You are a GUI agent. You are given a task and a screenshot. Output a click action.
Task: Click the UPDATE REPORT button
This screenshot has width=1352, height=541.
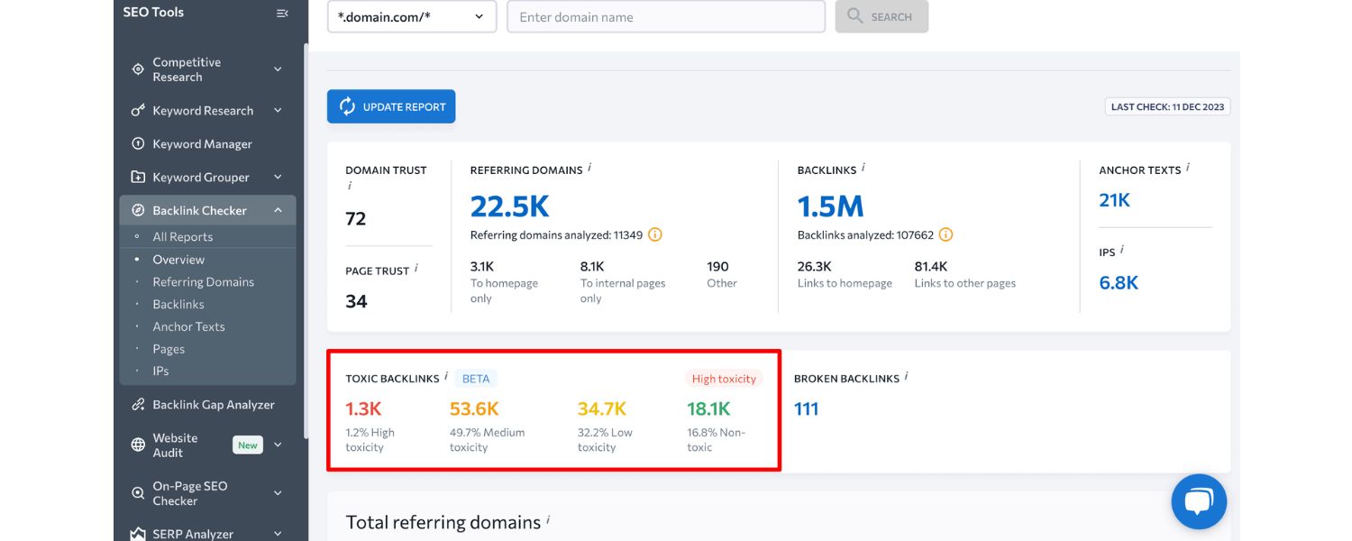click(x=391, y=106)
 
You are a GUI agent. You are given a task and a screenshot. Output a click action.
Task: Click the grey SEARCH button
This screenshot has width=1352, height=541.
click(x=882, y=17)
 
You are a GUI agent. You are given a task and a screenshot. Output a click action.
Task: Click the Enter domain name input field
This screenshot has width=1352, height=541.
click(x=665, y=17)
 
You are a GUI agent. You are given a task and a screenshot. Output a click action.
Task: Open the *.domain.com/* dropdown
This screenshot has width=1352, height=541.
click(x=412, y=17)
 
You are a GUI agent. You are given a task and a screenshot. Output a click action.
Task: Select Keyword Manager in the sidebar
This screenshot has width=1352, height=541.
click(x=202, y=144)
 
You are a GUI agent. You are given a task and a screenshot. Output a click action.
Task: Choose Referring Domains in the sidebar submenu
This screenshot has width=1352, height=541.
click(x=203, y=282)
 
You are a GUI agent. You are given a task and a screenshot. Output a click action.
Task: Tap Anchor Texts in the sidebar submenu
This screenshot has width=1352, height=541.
click(x=188, y=326)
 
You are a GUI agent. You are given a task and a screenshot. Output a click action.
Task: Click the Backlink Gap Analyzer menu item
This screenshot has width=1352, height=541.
click(x=213, y=405)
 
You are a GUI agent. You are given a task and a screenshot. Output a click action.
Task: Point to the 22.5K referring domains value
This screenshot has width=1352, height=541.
click(x=509, y=206)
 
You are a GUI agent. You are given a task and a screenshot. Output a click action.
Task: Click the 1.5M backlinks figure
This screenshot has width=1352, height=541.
click(x=830, y=206)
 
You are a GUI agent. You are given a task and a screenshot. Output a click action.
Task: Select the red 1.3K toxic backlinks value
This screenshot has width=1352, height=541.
click(x=364, y=409)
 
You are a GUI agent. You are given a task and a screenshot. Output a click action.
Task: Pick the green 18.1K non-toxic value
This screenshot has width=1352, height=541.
click(x=708, y=409)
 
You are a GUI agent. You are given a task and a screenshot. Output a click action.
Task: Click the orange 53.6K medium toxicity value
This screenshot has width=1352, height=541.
click(x=474, y=409)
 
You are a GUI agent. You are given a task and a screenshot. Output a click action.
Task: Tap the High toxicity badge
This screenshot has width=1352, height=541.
click(x=724, y=379)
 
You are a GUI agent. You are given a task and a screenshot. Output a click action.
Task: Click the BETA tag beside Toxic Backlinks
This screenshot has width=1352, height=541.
click(x=475, y=379)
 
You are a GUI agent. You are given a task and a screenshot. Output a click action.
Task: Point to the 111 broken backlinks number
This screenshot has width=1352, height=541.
click(x=806, y=409)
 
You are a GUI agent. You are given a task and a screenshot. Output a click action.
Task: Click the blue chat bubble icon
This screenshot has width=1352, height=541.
click(x=1199, y=501)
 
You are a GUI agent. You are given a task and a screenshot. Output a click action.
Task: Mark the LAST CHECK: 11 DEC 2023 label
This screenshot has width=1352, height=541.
click(x=1167, y=106)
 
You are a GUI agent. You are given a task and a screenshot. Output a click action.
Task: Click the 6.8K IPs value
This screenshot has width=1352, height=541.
click(x=1119, y=283)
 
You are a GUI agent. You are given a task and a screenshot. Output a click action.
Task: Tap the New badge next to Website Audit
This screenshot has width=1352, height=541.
click(x=248, y=445)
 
